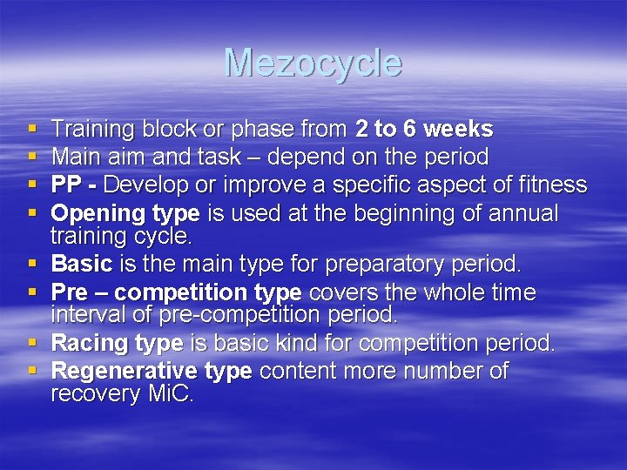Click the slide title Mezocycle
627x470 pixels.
tap(313, 63)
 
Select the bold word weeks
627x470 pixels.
tap(461, 130)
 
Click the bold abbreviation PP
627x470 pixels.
tap(67, 185)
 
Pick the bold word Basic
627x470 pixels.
tap(82, 263)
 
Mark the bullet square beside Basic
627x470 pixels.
tap(31, 263)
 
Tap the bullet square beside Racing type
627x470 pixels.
tap(31, 344)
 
